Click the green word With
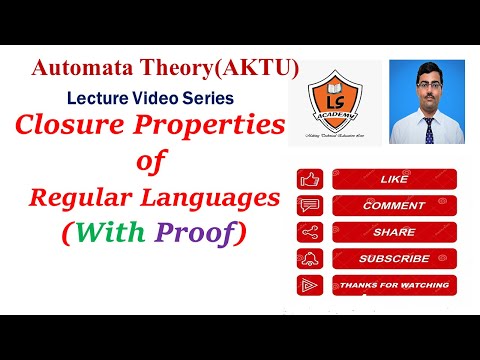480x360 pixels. click(x=113, y=233)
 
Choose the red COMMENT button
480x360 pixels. click(x=393, y=206)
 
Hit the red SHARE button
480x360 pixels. click(x=393, y=232)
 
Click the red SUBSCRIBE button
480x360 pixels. click(x=393, y=258)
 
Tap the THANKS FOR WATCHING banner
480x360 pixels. click(x=393, y=284)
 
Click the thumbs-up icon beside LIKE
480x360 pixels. click(x=310, y=181)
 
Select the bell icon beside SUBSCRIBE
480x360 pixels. click(x=310, y=258)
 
